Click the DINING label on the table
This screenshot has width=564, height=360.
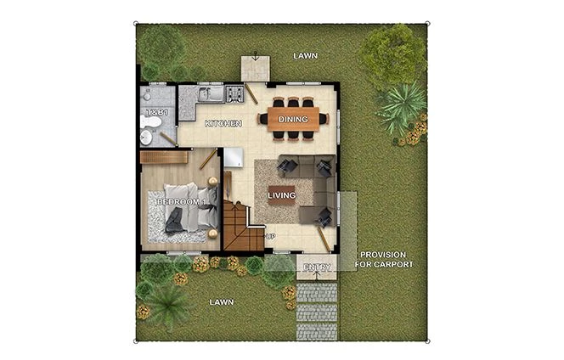[293, 120]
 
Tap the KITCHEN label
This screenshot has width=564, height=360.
[223, 124]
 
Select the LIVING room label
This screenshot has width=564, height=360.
[282, 196]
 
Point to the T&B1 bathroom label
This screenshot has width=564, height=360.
[155, 112]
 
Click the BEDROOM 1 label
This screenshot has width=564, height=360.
[182, 202]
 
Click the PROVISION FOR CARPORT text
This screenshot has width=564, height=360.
[386, 260]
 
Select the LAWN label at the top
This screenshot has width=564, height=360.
[306, 55]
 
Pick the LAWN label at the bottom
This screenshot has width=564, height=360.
[222, 301]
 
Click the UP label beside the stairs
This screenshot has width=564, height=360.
[271, 236]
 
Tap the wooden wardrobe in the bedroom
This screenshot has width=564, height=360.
[163, 157]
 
